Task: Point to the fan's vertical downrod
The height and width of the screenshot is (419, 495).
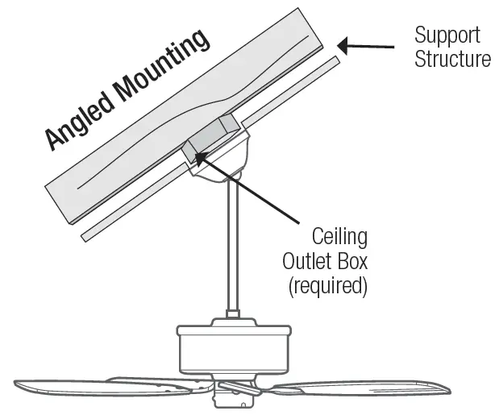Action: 232,242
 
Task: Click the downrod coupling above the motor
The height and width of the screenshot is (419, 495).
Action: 232,314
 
